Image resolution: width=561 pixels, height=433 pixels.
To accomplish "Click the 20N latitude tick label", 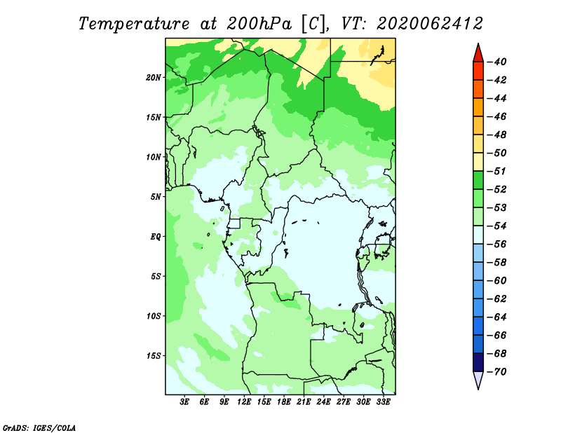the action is tap(154, 78).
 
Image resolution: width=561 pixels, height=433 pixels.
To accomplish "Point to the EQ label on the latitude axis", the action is tap(156, 237).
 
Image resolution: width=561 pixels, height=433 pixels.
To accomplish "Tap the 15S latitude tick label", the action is tap(154, 356).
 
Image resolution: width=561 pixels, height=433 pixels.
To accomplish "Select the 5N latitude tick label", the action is tap(156, 197).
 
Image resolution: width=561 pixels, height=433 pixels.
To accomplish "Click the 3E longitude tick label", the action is tap(184, 402).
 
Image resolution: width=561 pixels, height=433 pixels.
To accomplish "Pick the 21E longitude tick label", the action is tap(304, 402).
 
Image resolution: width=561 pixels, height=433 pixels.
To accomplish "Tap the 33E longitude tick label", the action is tap(383, 402).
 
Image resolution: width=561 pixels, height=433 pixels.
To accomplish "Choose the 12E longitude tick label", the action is tap(243, 402).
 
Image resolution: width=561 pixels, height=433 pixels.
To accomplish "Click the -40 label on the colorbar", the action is tap(496, 62).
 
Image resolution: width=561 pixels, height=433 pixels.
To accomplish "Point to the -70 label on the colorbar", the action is tap(496, 372).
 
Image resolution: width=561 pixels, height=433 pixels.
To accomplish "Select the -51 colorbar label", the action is tap(496, 171).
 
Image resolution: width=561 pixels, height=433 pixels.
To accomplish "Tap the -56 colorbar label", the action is tap(496, 245).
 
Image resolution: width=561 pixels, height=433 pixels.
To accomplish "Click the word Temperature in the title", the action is tap(134, 25).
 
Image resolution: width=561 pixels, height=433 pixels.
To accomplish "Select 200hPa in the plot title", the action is tap(259, 24).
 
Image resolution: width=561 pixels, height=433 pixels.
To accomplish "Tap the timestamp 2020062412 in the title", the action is tap(430, 24).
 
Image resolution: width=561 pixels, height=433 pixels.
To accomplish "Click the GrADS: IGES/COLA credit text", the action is tap(39, 428).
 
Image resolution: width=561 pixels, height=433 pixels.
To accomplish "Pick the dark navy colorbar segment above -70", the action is tap(478, 362).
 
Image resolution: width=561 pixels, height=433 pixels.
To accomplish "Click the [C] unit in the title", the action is tap(313, 25).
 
